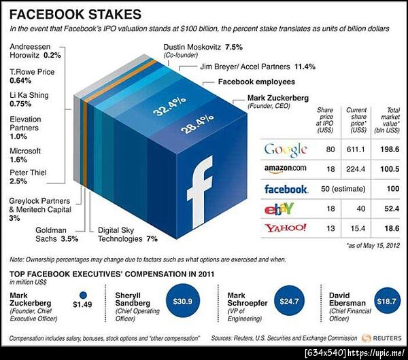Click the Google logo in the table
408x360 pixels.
coord(285,149)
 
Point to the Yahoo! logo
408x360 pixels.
coord(285,228)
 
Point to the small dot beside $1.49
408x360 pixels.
coord(84,295)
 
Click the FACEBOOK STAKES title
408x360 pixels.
coord(75,14)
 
